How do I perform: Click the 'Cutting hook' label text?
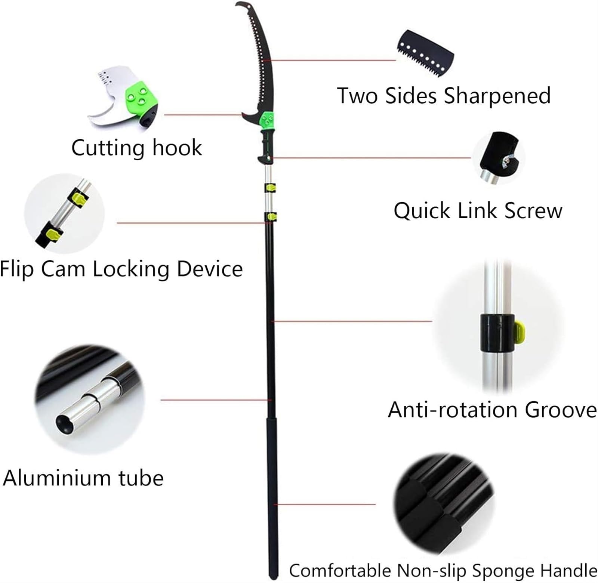[x=136, y=148]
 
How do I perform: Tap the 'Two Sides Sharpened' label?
[x=444, y=96]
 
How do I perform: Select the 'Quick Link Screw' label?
[x=478, y=210]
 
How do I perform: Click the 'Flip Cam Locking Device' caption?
[x=121, y=269]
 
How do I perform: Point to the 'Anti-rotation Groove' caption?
[x=492, y=410]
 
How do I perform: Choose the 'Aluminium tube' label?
[x=83, y=478]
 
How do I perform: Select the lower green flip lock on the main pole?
[x=271, y=216]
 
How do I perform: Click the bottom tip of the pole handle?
[x=274, y=578]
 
